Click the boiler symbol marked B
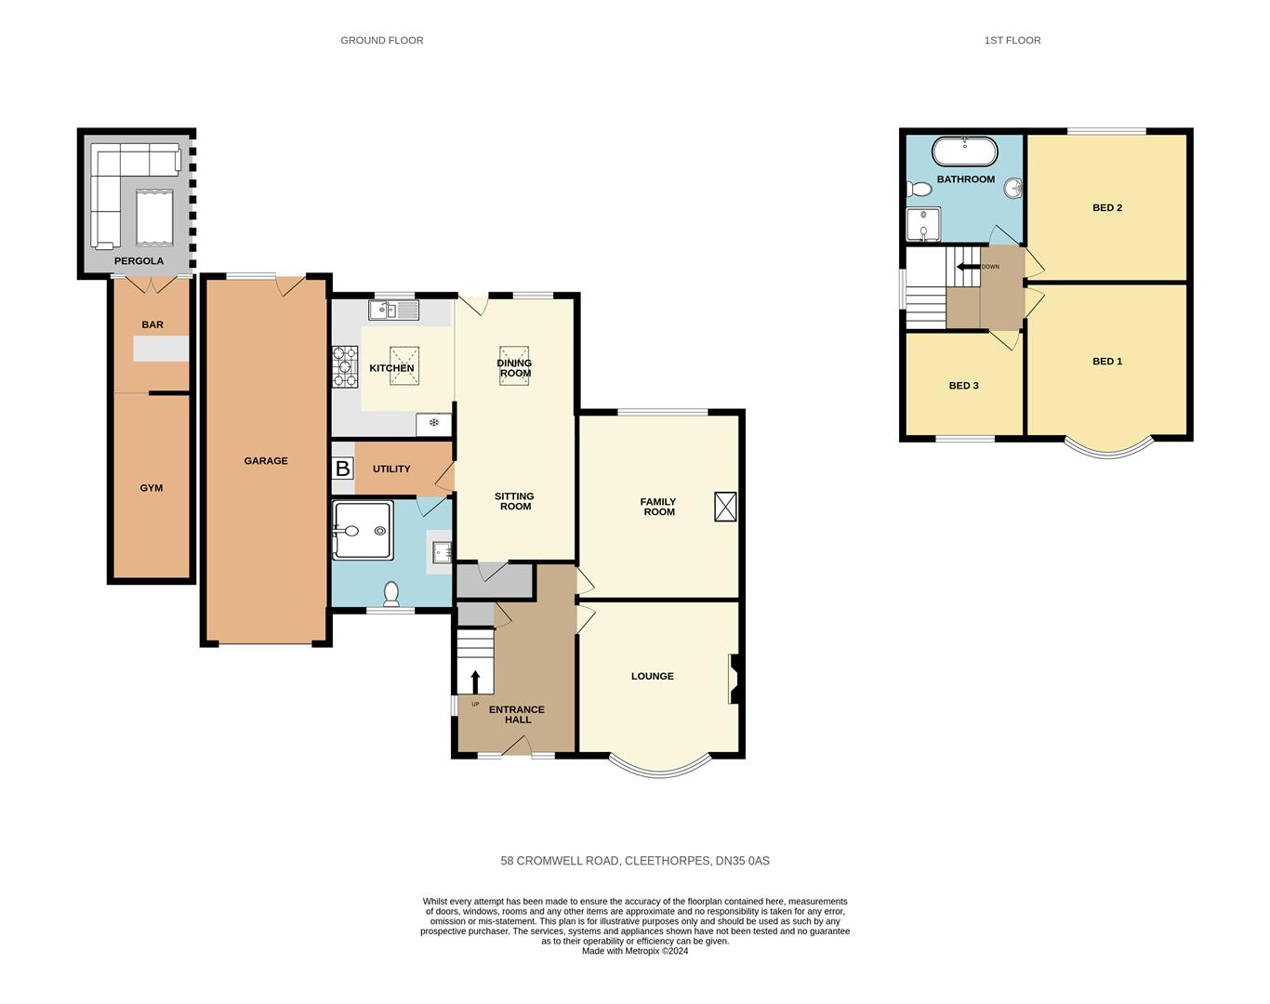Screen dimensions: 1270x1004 tap(342, 469)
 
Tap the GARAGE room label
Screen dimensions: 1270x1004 tap(266, 461)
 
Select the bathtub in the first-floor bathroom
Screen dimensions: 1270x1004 tap(965, 152)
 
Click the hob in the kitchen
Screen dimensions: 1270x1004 tap(345, 366)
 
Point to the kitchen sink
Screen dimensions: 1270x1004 tap(393, 310)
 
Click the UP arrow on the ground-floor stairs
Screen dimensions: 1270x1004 tap(476, 681)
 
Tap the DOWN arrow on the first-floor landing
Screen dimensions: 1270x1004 tap(968, 267)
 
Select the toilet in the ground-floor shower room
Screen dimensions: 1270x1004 tap(390, 594)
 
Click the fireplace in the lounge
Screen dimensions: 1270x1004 tap(734, 679)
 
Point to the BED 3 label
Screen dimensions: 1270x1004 tap(964, 386)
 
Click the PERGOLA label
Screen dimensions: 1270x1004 tap(139, 261)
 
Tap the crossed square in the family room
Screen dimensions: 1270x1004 tap(725, 507)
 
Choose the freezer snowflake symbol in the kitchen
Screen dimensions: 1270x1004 tap(434, 423)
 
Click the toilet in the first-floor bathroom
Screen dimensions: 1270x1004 tap(919, 190)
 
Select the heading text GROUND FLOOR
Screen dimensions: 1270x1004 tap(382, 40)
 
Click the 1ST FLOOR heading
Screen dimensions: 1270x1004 tap(1012, 40)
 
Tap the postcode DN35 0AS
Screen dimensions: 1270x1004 tap(743, 861)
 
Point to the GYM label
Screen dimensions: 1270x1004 tap(152, 488)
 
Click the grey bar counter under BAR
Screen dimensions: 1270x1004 tap(161, 349)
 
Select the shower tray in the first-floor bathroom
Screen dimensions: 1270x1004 tap(923, 224)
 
